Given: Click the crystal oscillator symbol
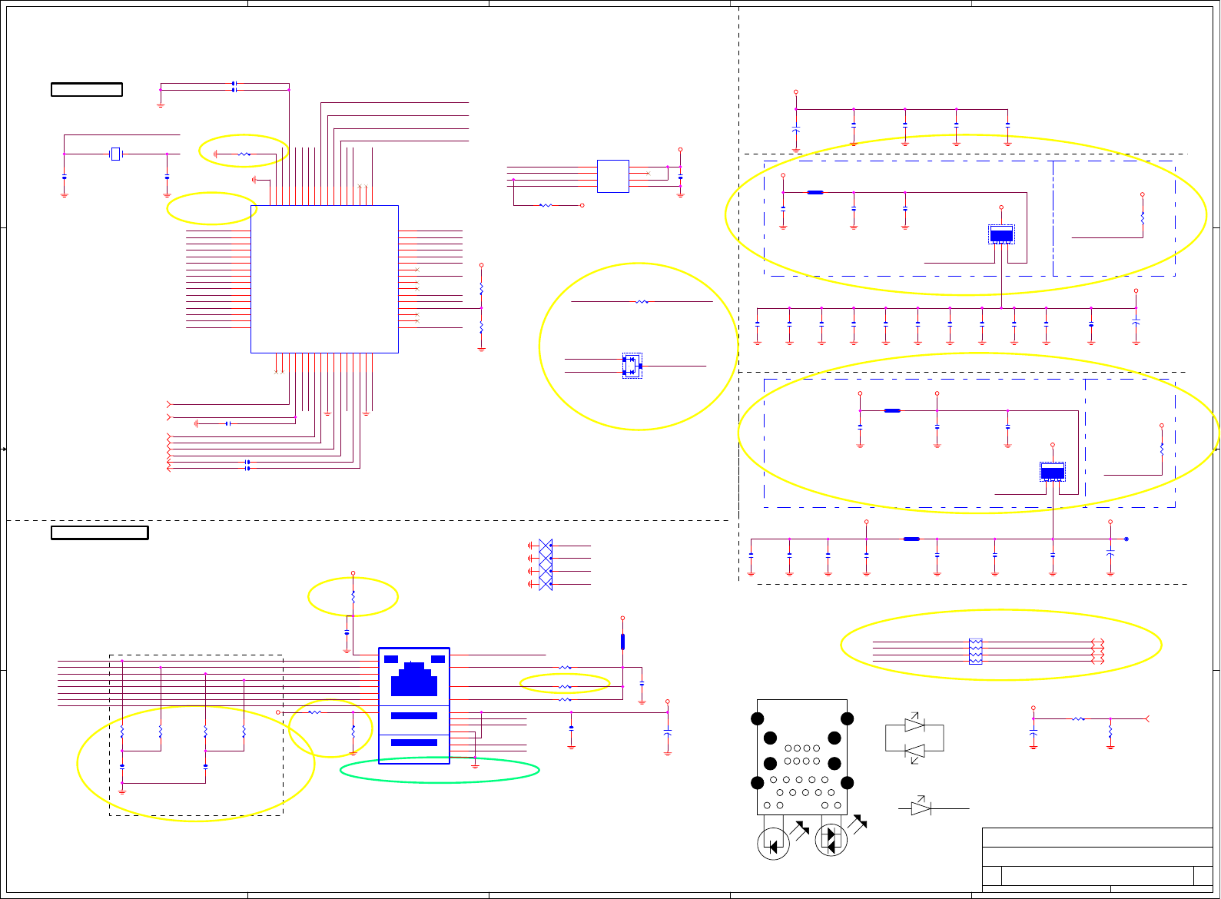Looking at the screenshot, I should (x=115, y=154).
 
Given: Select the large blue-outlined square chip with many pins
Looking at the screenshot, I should (x=324, y=279).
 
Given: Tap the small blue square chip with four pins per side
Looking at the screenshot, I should (x=612, y=176).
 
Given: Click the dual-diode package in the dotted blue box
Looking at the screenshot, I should (x=632, y=366).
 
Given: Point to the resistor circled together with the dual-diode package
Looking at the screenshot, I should (x=642, y=302).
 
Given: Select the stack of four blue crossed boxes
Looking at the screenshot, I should (x=546, y=565).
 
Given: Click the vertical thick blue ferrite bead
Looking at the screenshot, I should (x=622, y=642).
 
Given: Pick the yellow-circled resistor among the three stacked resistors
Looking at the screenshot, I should (x=565, y=686).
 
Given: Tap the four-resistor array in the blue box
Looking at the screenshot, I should (x=975, y=652).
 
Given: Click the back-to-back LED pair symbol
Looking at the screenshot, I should (x=914, y=738).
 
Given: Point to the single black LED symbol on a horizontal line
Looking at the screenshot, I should (x=921, y=808).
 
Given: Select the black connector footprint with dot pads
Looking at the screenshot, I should (x=801, y=757).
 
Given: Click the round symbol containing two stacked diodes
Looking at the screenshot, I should (x=831, y=840).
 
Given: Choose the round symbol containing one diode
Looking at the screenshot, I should (x=773, y=844).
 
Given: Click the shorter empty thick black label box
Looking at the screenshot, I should (x=87, y=90).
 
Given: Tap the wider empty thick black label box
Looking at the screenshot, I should (x=100, y=532).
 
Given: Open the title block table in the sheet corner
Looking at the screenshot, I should (x=1097, y=859).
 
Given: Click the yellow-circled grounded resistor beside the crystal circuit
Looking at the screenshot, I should (x=244, y=154).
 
